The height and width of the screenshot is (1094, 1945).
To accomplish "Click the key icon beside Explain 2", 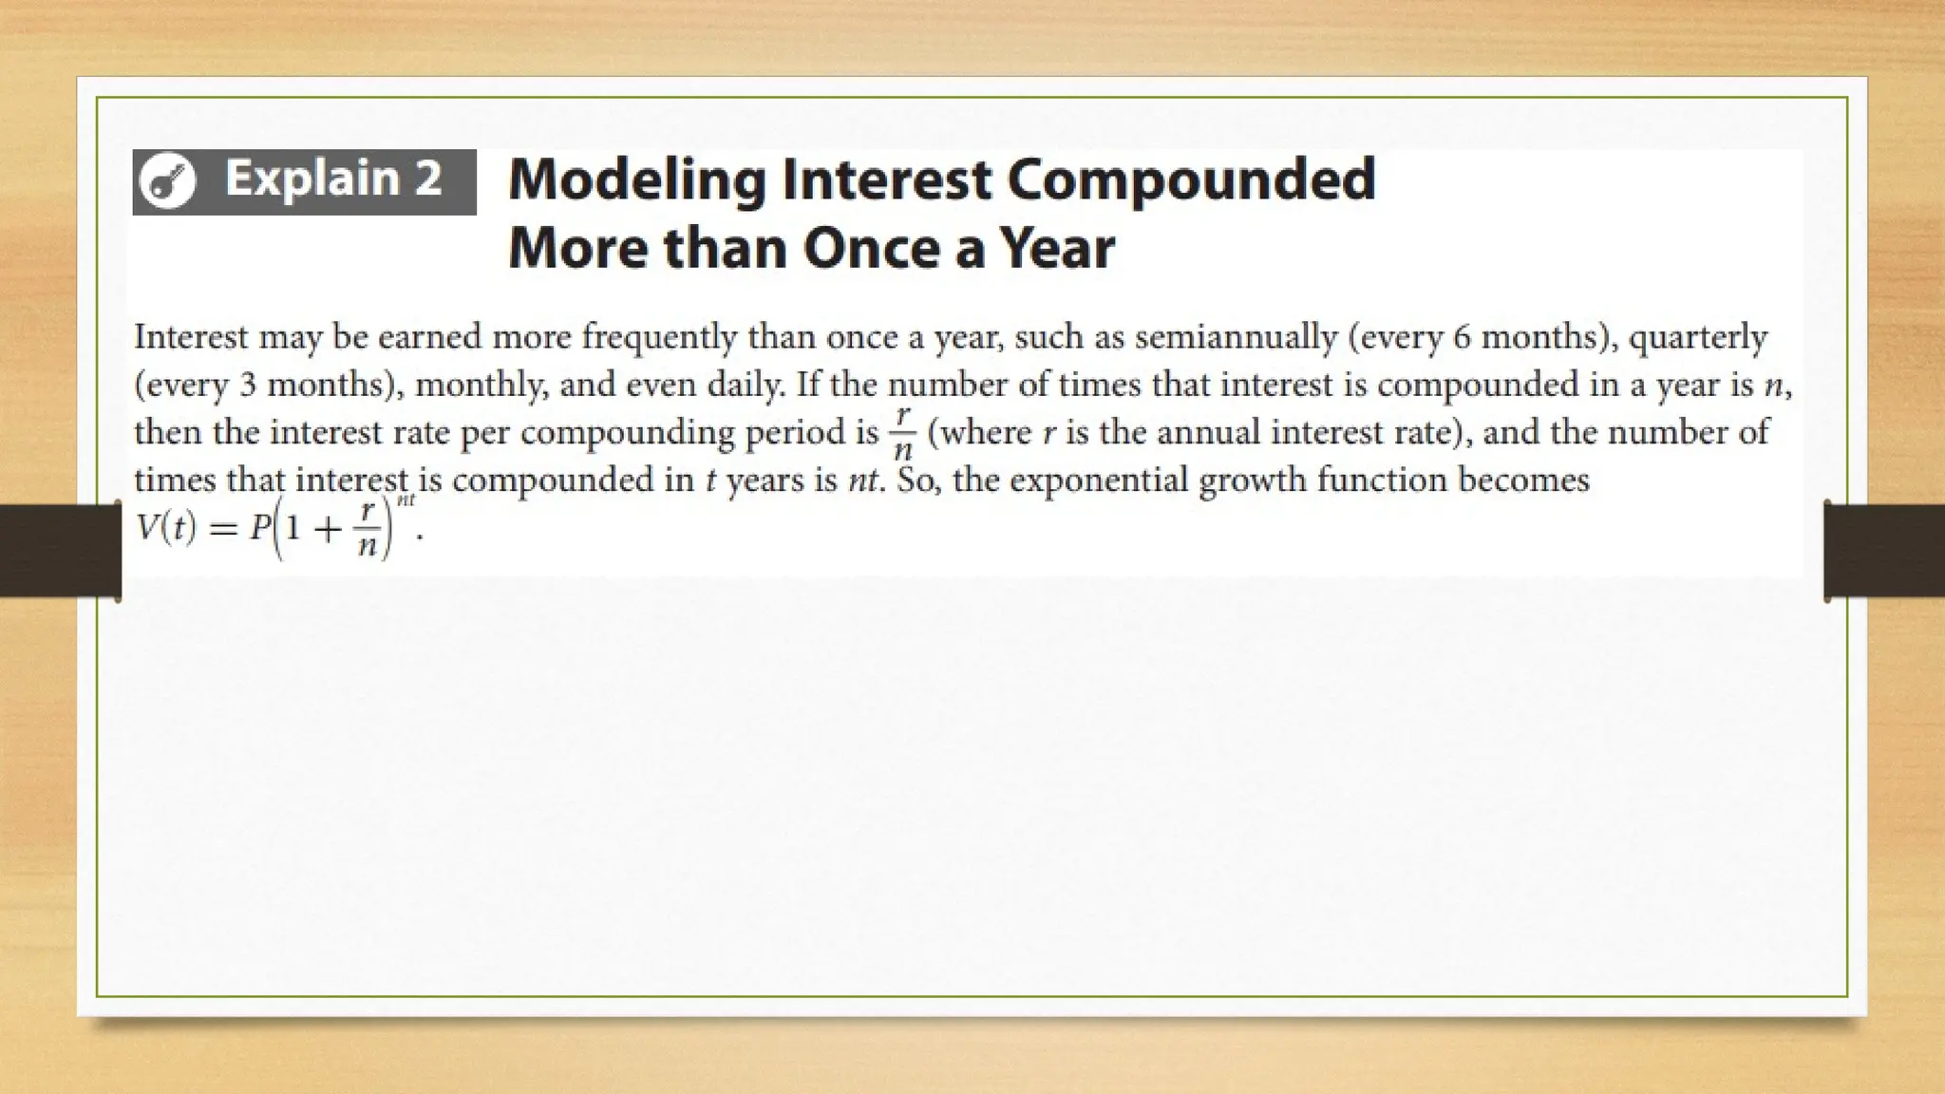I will tap(167, 180).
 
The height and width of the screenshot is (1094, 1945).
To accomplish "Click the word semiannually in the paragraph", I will tap(1236, 337).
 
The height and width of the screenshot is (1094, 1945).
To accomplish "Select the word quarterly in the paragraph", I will tap(1699, 337).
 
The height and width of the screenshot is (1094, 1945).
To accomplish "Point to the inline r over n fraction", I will tap(902, 433).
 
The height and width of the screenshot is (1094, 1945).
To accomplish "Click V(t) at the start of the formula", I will tap(166, 528).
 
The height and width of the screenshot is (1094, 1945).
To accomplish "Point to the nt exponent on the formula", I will tap(406, 500).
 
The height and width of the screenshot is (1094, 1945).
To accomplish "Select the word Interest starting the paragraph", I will tap(191, 337).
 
